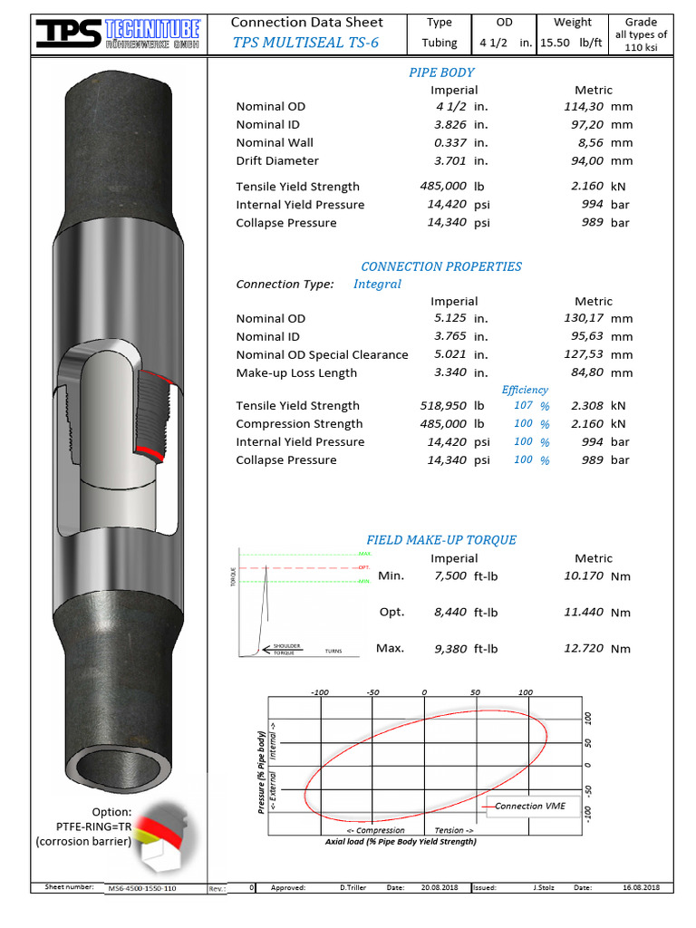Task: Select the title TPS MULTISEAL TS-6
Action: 306,43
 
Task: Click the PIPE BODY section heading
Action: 441,72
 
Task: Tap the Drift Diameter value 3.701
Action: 451,160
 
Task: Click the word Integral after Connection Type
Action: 377,284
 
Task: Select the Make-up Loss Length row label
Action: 296,372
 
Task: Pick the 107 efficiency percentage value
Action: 523,405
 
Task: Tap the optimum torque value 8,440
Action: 450,612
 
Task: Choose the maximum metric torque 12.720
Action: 583,648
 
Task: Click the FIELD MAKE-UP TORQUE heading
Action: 441,540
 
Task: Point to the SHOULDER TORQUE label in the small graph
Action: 287,650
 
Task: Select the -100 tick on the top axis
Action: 320,691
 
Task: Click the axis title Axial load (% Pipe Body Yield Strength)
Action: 401,841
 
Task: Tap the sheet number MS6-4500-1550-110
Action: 141,888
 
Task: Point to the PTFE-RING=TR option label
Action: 94,826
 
